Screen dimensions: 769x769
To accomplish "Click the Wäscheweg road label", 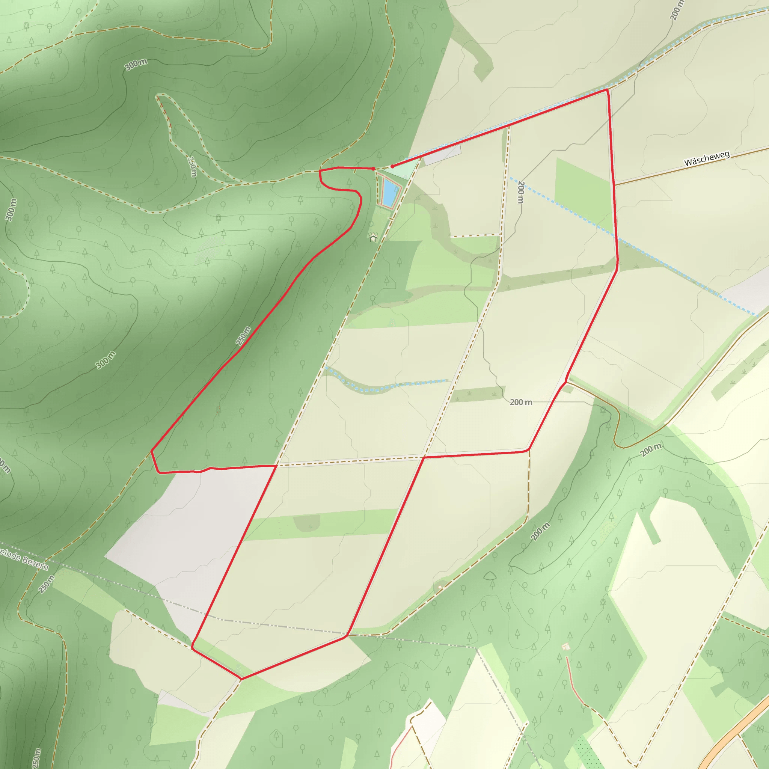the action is (707, 158).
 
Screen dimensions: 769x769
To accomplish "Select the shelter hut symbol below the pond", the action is (373, 238).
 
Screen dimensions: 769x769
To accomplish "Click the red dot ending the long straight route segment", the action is (392, 166).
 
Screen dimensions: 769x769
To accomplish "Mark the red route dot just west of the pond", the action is (373, 169).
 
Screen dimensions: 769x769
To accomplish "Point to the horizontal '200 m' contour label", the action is (521, 403).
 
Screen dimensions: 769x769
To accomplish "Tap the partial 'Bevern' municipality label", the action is (24, 558).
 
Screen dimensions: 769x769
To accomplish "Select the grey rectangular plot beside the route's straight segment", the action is (442, 155).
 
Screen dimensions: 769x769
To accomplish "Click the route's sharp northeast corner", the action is (607, 90).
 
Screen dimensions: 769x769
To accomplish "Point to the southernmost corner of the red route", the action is (241, 679).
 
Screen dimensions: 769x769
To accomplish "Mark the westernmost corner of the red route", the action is (152, 451).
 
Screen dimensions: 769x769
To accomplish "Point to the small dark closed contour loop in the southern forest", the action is (490, 576).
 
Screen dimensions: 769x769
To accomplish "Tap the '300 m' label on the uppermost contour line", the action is (136, 64).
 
